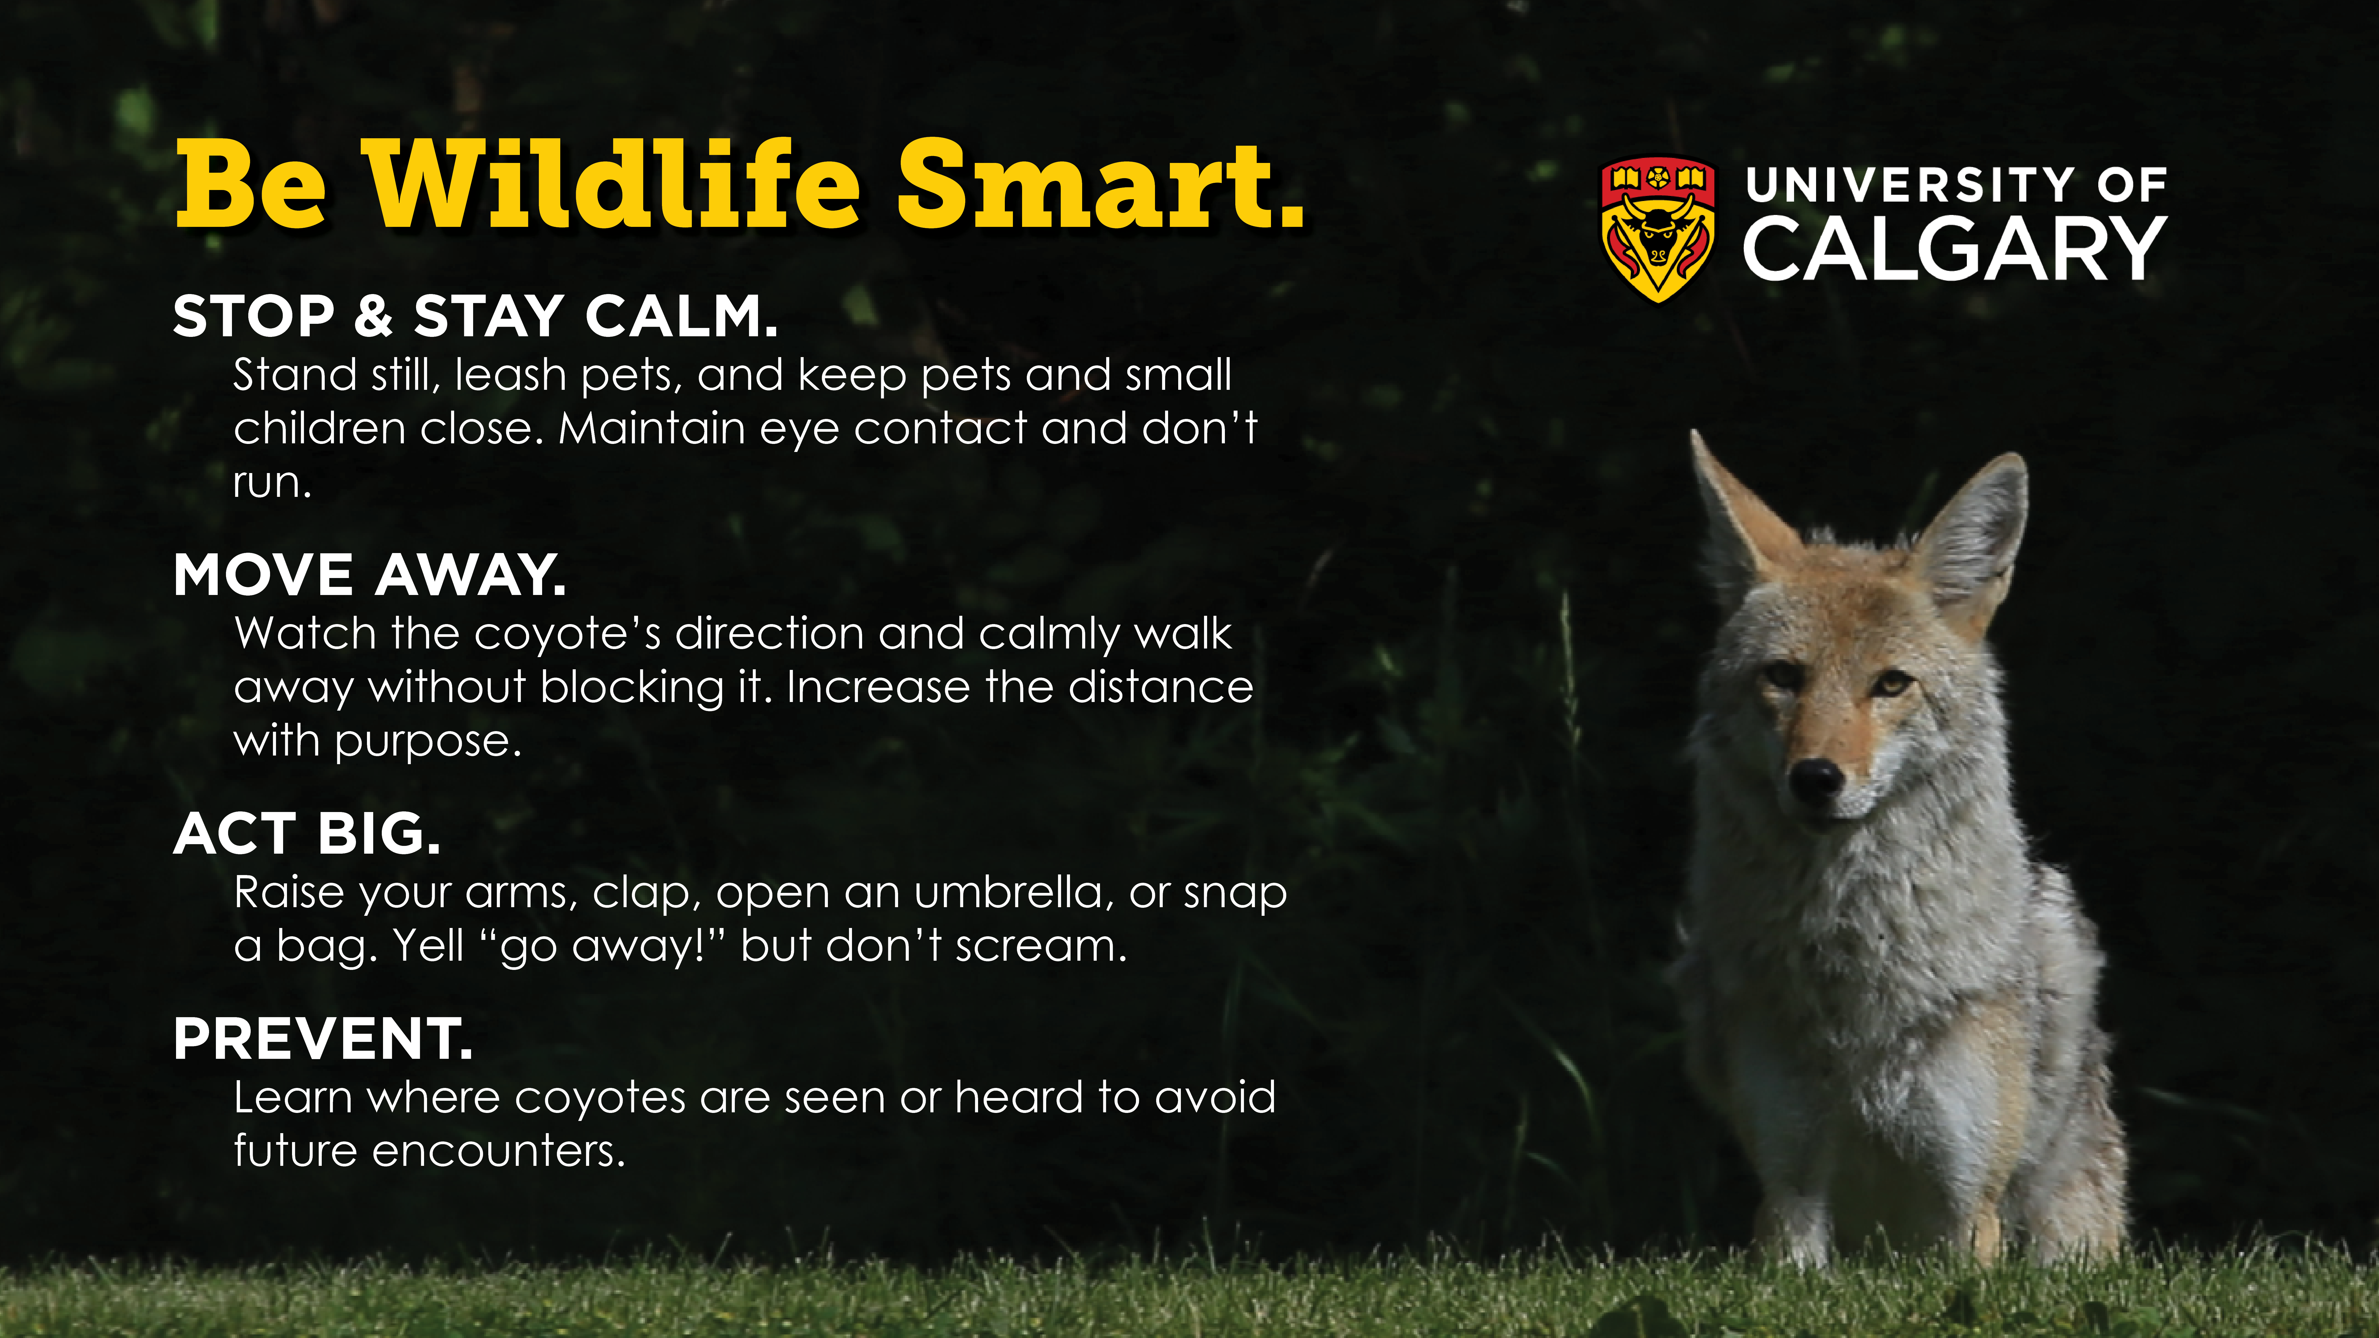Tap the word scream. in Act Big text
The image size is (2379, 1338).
click(x=1041, y=947)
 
